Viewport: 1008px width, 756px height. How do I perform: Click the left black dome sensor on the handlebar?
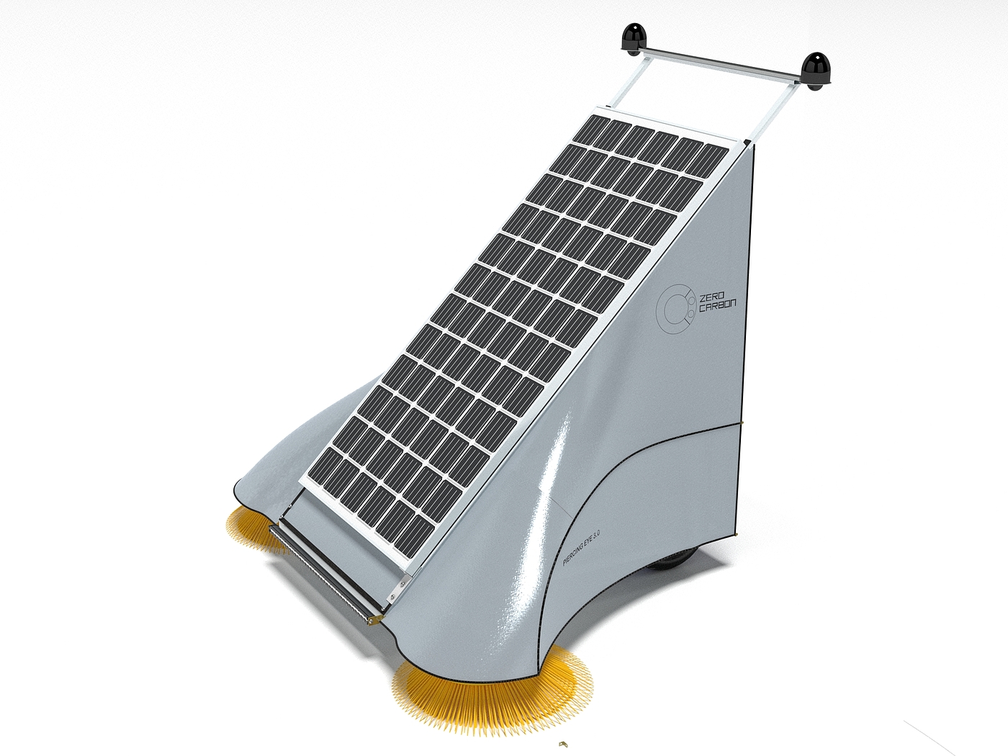tap(634, 40)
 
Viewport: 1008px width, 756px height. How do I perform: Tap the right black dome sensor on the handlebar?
tap(815, 71)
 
